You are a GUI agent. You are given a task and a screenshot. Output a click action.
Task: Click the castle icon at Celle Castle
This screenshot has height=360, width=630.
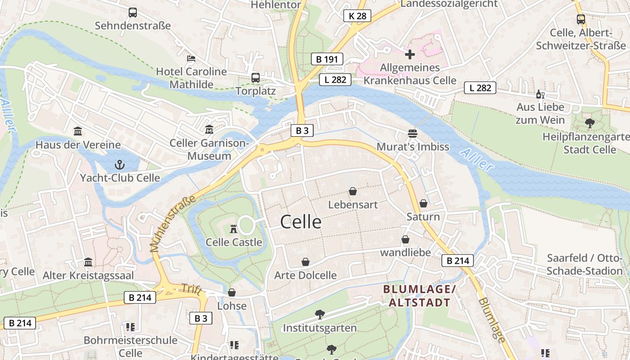point(233,229)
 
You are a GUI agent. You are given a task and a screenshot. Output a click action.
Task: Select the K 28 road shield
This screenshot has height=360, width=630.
point(357,16)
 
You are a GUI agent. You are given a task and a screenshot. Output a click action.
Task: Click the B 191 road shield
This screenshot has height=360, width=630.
point(327,59)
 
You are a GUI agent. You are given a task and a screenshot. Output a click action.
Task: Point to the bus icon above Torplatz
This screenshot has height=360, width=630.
point(256,77)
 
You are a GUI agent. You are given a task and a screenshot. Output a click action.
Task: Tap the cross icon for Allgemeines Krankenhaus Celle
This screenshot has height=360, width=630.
point(409,54)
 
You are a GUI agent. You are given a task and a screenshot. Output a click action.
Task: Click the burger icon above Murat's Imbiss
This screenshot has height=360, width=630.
point(413,133)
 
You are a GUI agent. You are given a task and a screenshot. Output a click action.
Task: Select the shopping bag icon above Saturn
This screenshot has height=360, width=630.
point(423,203)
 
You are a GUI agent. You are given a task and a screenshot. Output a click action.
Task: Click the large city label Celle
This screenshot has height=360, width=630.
point(301,222)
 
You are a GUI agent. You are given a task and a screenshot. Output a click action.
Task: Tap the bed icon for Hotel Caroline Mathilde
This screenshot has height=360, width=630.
point(191,58)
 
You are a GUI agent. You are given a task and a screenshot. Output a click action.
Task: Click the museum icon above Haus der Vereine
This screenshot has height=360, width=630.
point(78,131)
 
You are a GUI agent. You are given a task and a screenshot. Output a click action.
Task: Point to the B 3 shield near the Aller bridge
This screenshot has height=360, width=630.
point(302,131)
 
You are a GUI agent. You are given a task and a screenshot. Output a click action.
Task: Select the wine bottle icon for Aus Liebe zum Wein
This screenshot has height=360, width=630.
point(540,94)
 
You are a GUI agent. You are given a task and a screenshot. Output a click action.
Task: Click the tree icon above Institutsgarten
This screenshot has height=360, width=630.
point(319,314)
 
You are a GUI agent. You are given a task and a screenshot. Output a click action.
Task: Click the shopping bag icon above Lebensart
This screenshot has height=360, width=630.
point(353,191)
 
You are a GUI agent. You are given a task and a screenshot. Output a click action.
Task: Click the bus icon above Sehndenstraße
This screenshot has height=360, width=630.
point(132,13)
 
